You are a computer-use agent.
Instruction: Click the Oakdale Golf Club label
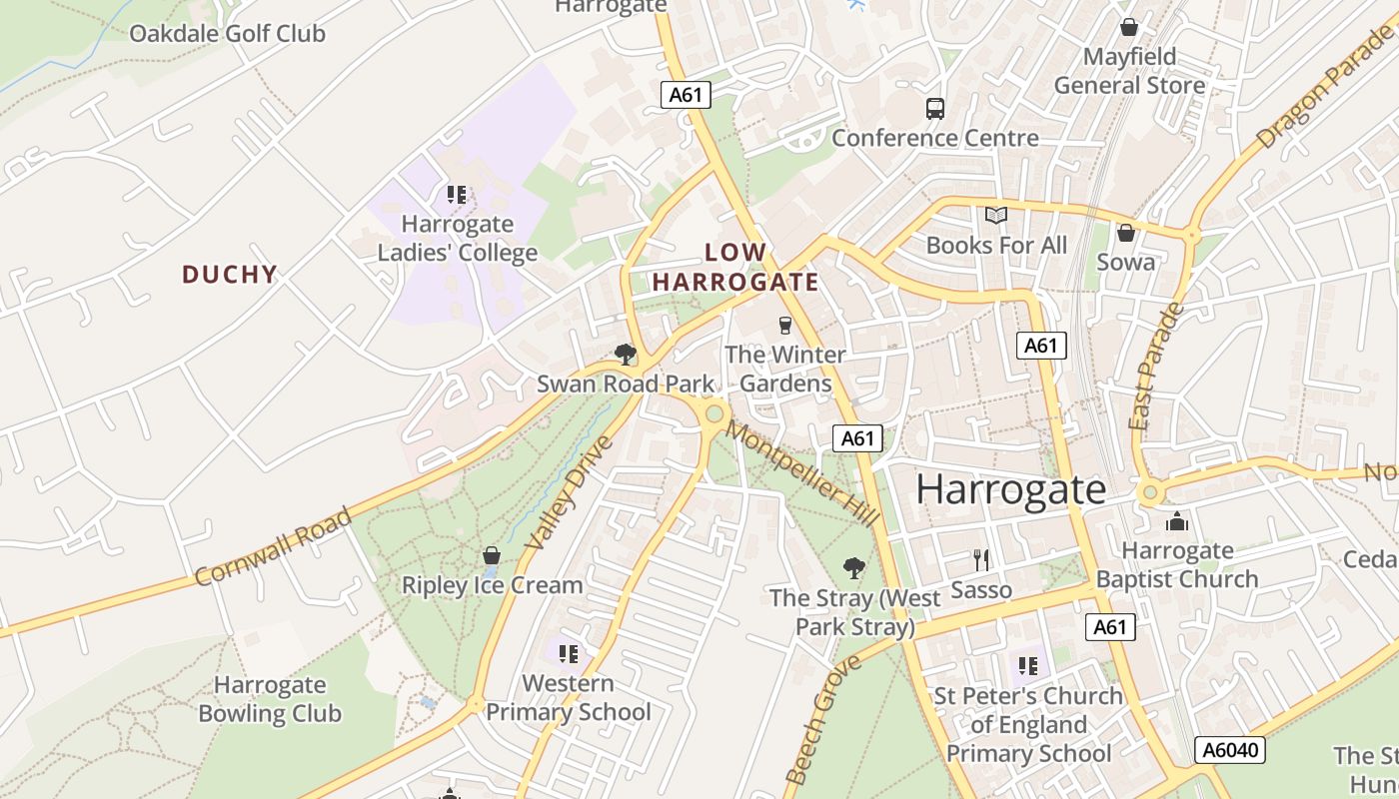(x=227, y=33)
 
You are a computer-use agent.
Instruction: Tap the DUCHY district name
(x=229, y=275)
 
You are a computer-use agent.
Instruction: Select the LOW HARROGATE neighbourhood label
(x=735, y=268)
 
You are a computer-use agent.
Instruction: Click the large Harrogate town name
(x=1010, y=489)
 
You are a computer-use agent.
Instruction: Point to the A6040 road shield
(x=1229, y=750)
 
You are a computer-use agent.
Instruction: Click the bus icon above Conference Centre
(x=935, y=109)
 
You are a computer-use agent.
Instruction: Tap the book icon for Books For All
(x=996, y=216)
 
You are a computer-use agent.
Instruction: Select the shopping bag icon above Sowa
(x=1126, y=233)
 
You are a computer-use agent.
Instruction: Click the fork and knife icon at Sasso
(x=981, y=560)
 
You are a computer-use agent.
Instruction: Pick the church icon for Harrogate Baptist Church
(x=1177, y=521)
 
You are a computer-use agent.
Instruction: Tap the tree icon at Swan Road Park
(x=626, y=355)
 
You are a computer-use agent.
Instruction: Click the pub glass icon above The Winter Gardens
(x=784, y=326)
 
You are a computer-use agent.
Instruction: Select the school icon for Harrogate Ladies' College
(x=457, y=195)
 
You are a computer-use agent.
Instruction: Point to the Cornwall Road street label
(x=274, y=546)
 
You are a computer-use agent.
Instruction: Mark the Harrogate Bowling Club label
(x=270, y=699)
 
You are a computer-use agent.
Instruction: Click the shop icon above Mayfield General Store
(x=1129, y=27)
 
